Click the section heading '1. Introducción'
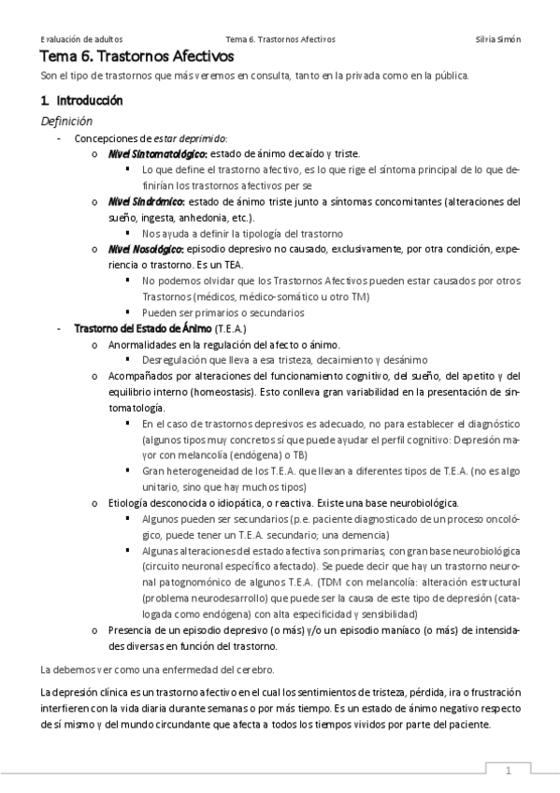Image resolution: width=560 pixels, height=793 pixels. click(82, 99)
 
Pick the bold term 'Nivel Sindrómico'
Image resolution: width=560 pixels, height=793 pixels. click(145, 201)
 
